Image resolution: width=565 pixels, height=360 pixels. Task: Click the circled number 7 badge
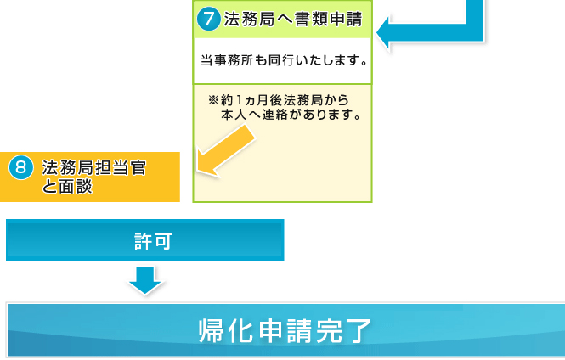coord(209,19)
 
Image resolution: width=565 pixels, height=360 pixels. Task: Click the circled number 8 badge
coord(21,167)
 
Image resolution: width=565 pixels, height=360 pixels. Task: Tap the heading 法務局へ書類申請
coord(293,19)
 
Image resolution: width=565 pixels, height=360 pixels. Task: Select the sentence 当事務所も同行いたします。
coord(284,60)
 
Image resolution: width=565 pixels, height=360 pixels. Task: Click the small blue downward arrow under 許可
coord(145,280)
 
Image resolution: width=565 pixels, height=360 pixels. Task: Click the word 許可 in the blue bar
coord(153,241)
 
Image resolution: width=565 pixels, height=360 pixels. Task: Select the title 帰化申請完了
coord(285,330)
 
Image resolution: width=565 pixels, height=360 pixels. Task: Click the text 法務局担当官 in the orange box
coord(94,168)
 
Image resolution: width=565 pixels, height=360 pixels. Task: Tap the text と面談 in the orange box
coord(67,187)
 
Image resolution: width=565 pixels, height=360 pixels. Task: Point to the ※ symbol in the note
coord(213,99)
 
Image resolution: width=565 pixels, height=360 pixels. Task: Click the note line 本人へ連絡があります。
coord(291,115)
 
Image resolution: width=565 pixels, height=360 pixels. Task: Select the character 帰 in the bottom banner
coord(212,331)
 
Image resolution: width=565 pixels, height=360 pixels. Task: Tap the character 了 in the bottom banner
coord(358,331)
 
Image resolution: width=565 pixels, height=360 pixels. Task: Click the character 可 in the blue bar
coord(163,241)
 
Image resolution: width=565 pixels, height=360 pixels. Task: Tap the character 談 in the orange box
coord(84,187)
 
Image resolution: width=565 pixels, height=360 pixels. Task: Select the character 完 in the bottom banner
coord(329,331)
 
